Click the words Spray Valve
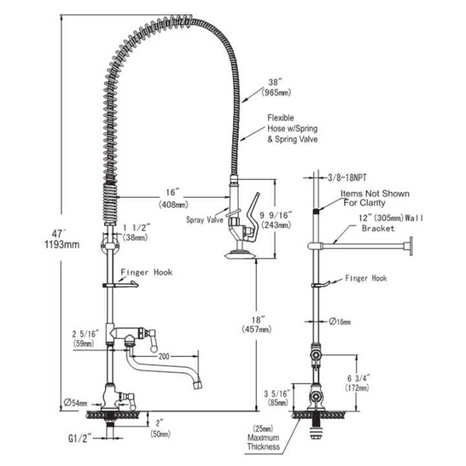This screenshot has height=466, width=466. click(204, 220)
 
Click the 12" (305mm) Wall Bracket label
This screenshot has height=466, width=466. click(382, 223)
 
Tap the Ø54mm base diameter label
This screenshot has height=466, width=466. click(76, 402)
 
